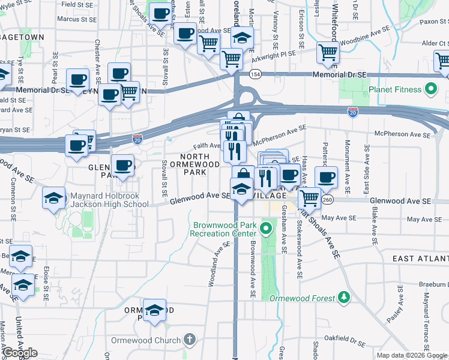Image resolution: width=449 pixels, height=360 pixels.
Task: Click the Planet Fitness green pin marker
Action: (430, 91)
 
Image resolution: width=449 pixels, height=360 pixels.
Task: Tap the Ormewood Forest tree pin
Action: (343, 297)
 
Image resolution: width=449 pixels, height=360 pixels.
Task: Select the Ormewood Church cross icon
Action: (190, 340)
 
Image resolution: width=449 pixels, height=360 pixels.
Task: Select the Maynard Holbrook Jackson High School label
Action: (109, 200)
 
